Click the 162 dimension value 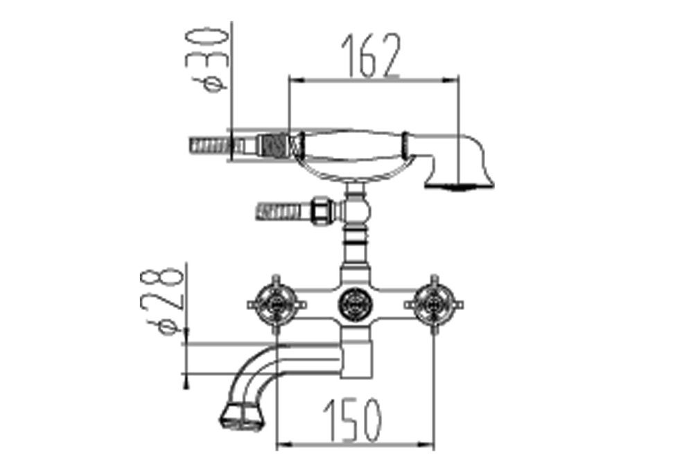pyautogui.click(x=371, y=55)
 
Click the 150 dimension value pyautogui.click(x=352, y=419)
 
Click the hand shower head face pyautogui.click(x=459, y=186)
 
